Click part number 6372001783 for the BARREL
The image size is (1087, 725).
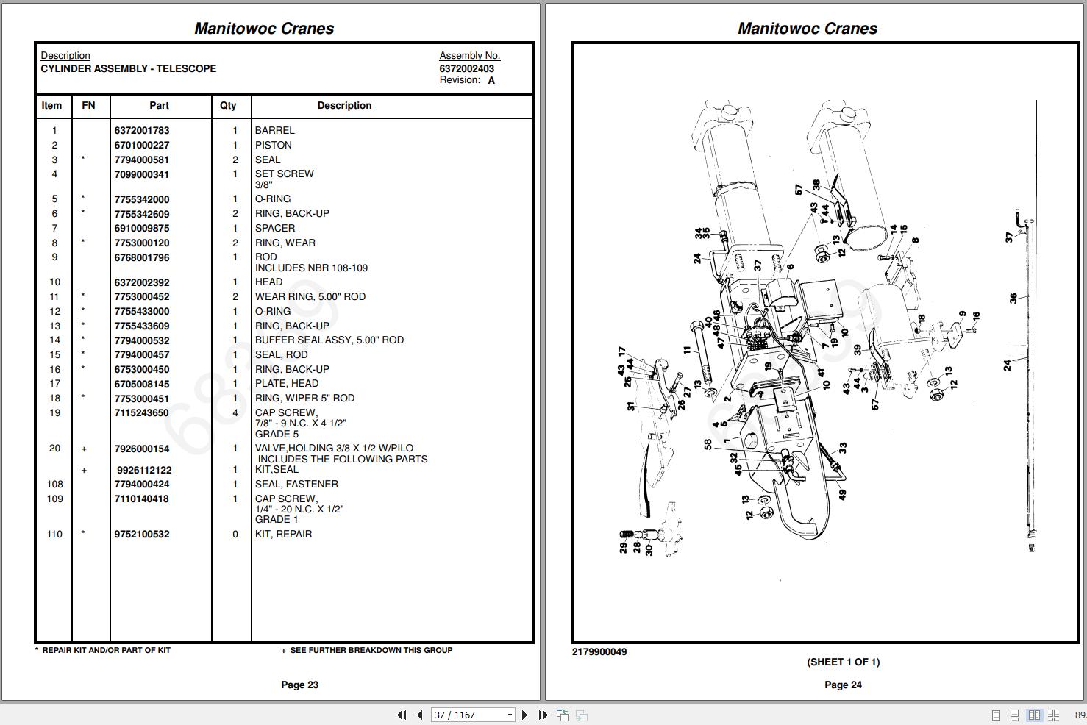tap(141, 131)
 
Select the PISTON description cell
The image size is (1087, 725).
tap(274, 146)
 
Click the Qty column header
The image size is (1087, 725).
tap(228, 106)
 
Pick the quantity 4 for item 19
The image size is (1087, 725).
tap(235, 413)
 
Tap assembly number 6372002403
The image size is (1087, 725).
tap(466, 68)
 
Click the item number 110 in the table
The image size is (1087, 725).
tap(54, 535)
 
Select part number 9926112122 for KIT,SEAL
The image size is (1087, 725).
tap(144, 470)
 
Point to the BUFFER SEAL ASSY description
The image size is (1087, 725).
tap(329, 340)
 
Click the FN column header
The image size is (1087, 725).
tap(88, 106)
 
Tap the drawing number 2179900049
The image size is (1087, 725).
tap(599, 652)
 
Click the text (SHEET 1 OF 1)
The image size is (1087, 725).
tap(843, 662)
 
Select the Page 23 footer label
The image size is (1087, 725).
tap(299, 685)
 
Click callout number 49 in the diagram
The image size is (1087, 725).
tap(842, 495)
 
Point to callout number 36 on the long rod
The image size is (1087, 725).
tap(1013, 298)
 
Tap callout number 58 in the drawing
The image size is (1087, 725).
tap(708, 444)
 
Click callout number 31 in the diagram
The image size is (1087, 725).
tap(630, 405)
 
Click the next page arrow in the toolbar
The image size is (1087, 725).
tap(524, 715)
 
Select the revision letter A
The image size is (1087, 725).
tap(491, 81)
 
